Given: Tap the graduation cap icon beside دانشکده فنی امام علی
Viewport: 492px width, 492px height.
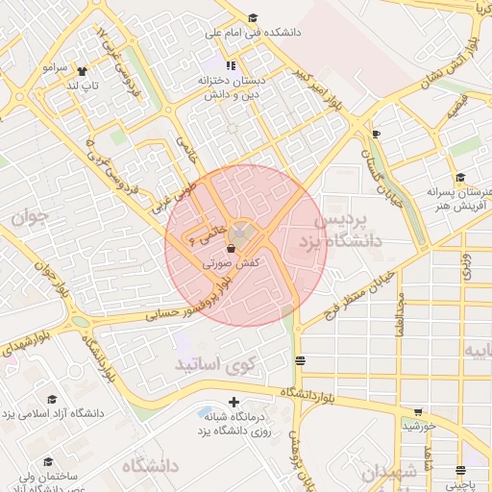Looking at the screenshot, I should click(x=253, y=18).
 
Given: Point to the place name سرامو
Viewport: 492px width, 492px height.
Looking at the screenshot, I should click(x=54, y=68).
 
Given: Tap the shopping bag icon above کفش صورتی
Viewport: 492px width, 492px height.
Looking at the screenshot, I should click(x=232, y=247).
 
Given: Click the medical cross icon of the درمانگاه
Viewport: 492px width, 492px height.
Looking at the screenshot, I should click(x=233, y=402).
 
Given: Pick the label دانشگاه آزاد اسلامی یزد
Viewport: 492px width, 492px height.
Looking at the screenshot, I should click(x=53, y=414).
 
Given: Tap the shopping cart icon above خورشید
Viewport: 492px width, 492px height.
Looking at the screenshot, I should click(x=417, y=412).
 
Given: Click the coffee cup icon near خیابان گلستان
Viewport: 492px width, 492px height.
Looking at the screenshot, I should click(x=376, y=134).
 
